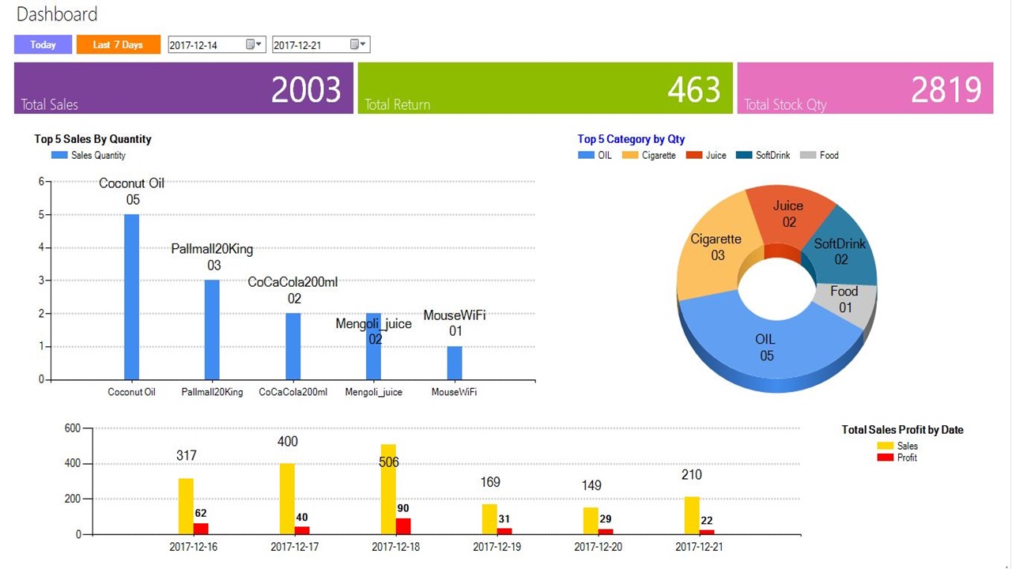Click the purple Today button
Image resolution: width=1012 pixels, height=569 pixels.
pyautogui.click(x=43, y=45)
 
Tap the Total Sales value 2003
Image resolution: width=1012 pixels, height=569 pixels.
pyautogui.click(x=306, y=89)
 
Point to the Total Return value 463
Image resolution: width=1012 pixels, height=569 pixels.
pyautogui.click(x=693, y=89)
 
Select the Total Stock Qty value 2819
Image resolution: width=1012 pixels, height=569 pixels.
pyautogui.click(x=946, y=89)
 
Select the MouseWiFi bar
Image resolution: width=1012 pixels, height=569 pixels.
pyautogui.click(x=455, y=363)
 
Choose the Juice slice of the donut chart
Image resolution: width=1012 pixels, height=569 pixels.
pyautogui.click(x=789, y=217)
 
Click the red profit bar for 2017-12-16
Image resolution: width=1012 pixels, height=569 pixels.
pyautogui.click(x=201, y=529)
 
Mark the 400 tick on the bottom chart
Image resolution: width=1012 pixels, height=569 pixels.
pyautogui.click(x=73, y=463)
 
